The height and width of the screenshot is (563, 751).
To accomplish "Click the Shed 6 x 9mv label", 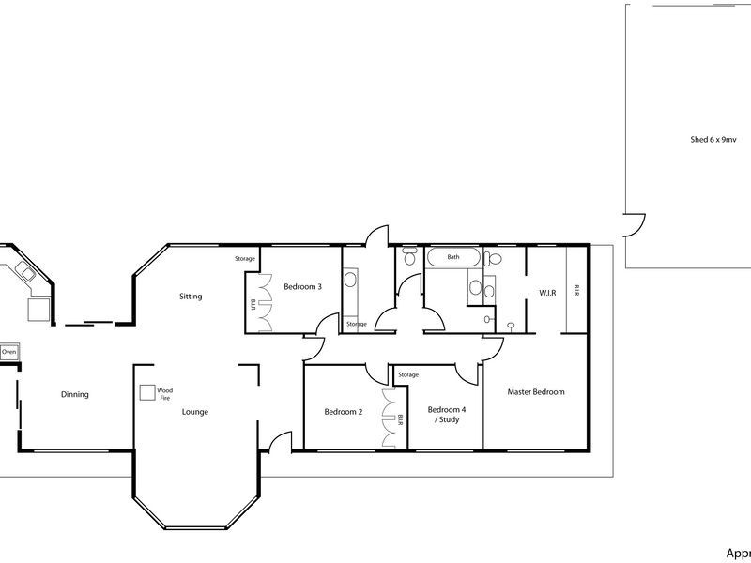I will point(713,139).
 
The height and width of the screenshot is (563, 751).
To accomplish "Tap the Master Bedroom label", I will point(536,392).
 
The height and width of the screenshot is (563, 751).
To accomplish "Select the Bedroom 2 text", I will point(343,412).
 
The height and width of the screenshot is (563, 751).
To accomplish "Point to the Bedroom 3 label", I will point(303,287).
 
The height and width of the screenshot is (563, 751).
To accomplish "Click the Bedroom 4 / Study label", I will point(445,415).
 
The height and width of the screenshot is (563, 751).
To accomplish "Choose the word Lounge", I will point(195,412).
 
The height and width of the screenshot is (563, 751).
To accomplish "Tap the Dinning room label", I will point(74,395).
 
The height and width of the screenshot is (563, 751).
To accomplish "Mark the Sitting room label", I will point(191,297).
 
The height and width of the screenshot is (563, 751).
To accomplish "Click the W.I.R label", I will point(547,293).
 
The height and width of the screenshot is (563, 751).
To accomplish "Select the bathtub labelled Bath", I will point(452,257).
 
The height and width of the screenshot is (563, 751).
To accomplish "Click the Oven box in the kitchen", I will point(9,352).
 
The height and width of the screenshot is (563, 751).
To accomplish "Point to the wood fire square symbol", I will point(147,393).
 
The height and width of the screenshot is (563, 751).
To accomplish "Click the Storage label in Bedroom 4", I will point(407,375).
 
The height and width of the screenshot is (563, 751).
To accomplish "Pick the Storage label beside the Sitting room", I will point(245,258).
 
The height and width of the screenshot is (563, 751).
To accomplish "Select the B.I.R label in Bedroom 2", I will point(400,419).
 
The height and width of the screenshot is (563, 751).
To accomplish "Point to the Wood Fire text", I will point(164,393).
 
